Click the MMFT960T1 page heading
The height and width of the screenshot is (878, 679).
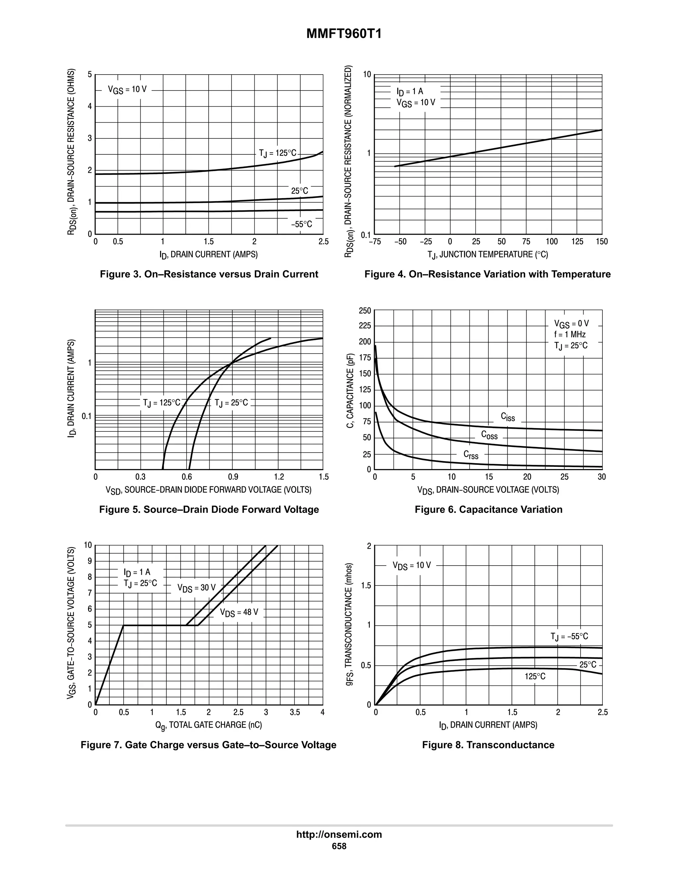[x=344, y=34]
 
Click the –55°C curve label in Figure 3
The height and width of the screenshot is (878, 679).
[x=301, y=224]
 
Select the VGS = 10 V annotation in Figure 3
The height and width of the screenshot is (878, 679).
[x=127, y=90]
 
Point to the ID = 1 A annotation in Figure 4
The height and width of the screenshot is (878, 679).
[x=409, y=92]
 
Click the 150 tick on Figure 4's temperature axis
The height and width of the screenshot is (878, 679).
[x=602, y=242]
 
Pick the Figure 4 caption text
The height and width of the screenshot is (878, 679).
[x=487, y=274]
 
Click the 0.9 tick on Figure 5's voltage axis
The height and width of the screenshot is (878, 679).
[x=233, y=477]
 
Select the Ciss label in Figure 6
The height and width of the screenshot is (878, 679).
[x=508, y=417]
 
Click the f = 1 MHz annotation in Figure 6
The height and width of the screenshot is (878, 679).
[x=570, y=335]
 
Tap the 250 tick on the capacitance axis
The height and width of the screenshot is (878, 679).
[x=365, y=311]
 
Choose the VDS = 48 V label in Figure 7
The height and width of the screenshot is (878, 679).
[x=239, y=613]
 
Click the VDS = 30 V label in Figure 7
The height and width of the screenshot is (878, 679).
[x=196, y=588]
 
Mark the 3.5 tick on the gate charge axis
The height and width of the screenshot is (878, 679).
[x=294, y=712]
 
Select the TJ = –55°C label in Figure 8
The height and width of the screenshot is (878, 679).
[x=569, y=636]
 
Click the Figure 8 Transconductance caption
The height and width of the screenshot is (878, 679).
[x=488, y=745]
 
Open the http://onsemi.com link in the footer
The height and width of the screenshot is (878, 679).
[x=339, y=835]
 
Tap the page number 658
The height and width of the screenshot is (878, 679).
[x=339, y=846]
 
